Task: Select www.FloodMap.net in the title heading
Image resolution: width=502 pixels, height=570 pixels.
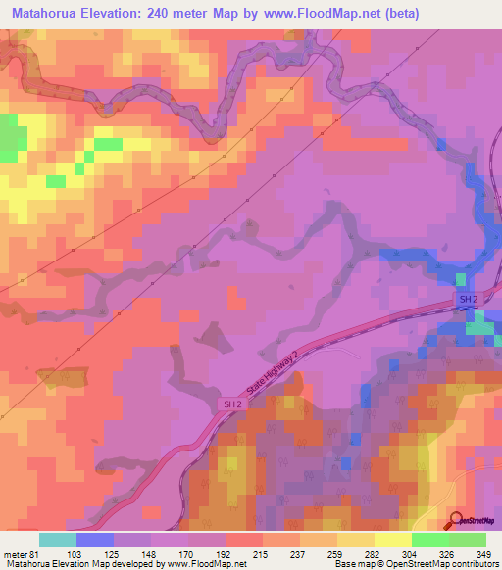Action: (x=324, y=14)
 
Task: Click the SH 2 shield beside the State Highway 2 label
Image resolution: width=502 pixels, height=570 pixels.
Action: (x=229, y=404)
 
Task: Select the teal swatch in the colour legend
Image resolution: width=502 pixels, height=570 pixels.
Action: (x=58, y=539)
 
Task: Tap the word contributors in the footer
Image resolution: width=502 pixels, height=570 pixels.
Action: (x=470, y=564)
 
